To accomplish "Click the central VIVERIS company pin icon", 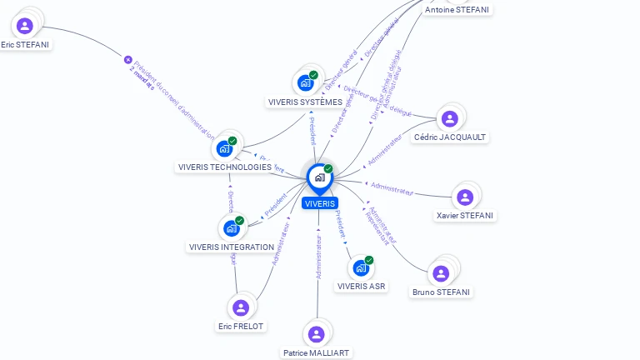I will coord(319,177).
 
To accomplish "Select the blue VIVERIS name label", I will coord(320,203).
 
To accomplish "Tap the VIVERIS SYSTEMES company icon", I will coord(306,82).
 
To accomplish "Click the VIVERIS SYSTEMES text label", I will coord(305,102).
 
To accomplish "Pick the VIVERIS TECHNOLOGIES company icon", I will coord(225,148).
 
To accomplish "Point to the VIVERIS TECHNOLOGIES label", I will coord(225,167).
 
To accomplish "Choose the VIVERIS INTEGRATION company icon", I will coord(232,227).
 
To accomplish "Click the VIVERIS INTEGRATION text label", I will coord(232,247).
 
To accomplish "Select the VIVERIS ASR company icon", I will coord(361,267).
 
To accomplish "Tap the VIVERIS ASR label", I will coord(362,287).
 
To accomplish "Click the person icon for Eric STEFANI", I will coord(25,26).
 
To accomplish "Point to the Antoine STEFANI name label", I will coord(457,10).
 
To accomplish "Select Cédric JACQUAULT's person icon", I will coord(450,119).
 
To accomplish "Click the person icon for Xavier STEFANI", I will coord(465,197).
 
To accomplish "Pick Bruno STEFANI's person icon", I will coord(441,273).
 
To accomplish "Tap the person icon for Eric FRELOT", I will coord(241,307).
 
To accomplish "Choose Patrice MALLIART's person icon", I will coord(316,334).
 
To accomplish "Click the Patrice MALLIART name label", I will coord(317,353).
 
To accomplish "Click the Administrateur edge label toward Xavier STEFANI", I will coord(392,189).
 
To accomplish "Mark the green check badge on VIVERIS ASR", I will coord(369,260).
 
